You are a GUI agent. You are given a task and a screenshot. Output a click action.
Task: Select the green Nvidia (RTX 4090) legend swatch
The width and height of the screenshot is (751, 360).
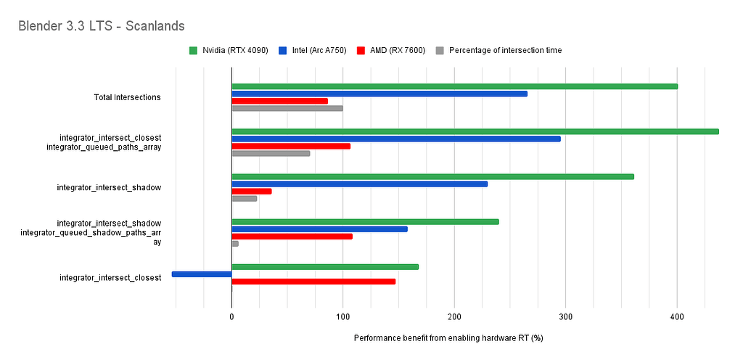pyautogui.click(x=192, y=50)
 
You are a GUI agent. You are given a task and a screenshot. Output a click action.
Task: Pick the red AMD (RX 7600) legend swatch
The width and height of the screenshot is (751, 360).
pyautogui.click(x=361, y=50)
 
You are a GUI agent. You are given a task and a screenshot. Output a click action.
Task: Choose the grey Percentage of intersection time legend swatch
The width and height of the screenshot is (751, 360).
pyautogui.click(x=440, y=50)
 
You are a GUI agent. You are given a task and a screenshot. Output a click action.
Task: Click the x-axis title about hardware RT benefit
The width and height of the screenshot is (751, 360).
pyautogui.click(x=448, y=339)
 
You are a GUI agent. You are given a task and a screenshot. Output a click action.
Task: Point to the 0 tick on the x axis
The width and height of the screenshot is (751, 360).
pyautogui.click(x=231, y=317)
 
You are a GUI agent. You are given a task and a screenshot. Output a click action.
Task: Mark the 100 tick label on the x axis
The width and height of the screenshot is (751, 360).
pyautogui.click(x=343, y=317)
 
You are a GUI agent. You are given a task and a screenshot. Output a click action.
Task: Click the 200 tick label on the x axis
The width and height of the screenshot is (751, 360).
pyautogui.click(x=454, y=317)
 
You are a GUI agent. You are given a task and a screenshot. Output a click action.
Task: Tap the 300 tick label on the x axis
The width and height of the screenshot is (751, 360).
pyautogui.click(x=566, y=317)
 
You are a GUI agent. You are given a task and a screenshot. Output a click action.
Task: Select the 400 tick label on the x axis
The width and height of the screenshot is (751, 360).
pyautogui.click(x=677, y=317)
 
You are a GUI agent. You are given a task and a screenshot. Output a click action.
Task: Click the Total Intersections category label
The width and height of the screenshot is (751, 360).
pyautogui.click(x=127, y=97)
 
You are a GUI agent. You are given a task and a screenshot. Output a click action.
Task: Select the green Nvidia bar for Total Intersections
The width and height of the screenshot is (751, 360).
pyautogui.click(x=454, y=86)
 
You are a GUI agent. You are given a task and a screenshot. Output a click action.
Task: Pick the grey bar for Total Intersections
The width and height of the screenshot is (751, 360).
pyautogui.click(x=287, y=108)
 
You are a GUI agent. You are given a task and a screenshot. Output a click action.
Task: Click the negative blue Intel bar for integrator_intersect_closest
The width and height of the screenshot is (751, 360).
pyautogui.click(x=202, y=274)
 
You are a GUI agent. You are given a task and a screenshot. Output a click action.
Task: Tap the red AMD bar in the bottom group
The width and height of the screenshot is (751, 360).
pyautogui.click(x=313, y=281)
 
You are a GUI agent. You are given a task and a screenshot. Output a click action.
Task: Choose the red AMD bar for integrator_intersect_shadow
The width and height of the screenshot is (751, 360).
pyautogui.click(x=251, y=191)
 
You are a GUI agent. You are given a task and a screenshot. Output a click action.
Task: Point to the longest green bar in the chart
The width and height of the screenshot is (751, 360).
pyautogui.click(x=475, y=131)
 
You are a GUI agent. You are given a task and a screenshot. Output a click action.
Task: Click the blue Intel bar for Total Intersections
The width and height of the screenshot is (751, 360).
pyautogui.click(x=379, y=94)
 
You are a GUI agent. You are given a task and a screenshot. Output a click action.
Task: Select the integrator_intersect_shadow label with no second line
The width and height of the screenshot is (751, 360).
pyautogui.click(x=109, y=188)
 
